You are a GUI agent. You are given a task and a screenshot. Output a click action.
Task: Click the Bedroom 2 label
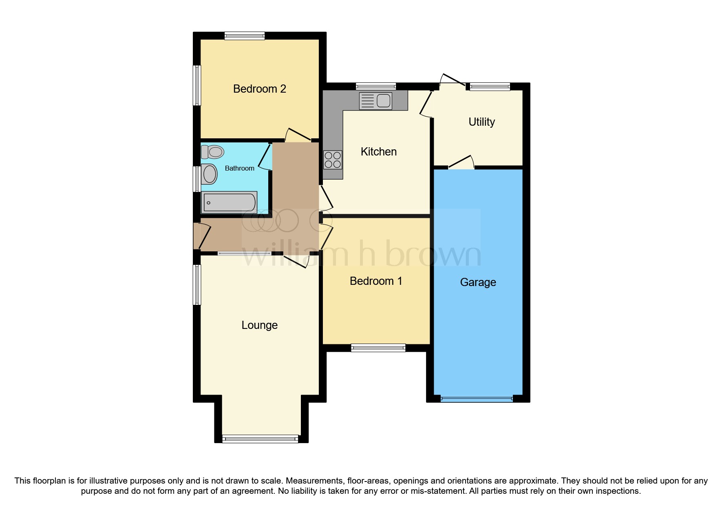coord(259,89)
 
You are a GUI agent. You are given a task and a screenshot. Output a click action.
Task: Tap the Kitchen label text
coord(378,152)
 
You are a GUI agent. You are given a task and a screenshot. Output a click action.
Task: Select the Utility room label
coord(481,122)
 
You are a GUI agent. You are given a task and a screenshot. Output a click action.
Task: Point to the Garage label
coord(478,282)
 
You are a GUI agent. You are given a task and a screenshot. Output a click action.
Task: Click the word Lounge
coord(259,325)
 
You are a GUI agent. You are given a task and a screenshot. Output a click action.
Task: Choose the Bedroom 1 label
coord(376,281)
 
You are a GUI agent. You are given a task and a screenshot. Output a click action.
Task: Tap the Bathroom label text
coord(239,168)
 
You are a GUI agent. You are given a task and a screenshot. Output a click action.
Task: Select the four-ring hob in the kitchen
coord(333,160)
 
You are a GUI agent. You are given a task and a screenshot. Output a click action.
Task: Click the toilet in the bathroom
coord(213,152)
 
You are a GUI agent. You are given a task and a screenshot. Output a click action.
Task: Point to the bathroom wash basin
coord(209,174)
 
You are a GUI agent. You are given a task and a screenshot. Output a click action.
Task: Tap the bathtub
coord(229,202)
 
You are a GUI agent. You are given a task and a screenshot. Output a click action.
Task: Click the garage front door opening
coord(477,399)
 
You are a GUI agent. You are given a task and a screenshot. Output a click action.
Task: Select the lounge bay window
coord(260,439)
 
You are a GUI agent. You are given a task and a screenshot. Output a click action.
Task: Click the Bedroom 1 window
coord(378,348)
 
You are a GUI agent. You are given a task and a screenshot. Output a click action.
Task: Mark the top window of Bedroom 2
coord(245,36)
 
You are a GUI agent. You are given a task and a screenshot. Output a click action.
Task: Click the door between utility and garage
coord(461,163)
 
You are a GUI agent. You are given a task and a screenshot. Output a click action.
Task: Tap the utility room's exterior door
coord(453,80)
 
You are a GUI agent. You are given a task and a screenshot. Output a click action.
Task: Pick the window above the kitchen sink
coord(375,86)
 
